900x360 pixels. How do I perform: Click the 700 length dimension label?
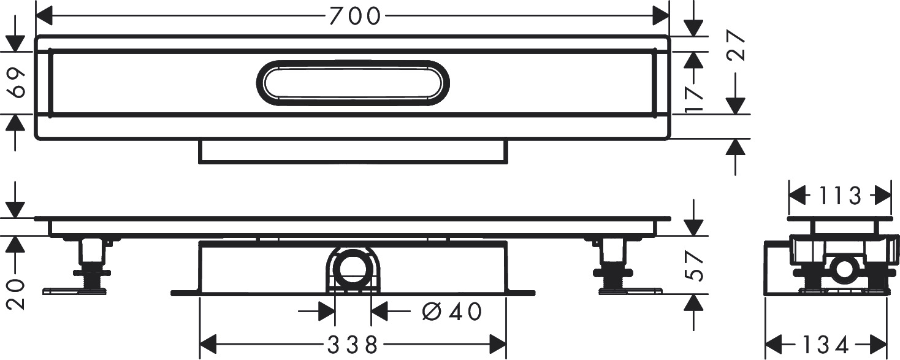355,16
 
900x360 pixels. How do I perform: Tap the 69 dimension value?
17,83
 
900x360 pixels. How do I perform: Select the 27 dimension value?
736,45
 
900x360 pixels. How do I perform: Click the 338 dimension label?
353,344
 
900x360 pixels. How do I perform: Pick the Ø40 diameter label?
452,312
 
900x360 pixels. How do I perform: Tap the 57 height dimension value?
695,266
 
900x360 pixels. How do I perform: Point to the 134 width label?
825,345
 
